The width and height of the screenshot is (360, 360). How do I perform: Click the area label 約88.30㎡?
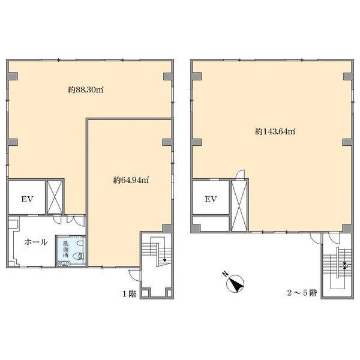(x=86, y=90)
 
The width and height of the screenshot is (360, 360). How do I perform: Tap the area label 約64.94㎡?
(x=131, y=180)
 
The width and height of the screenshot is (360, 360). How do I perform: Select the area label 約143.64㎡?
(x=275, y=131)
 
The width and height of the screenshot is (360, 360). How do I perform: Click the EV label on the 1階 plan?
(x=28, y=199)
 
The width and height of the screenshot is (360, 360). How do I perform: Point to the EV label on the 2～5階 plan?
(x=211, y=199)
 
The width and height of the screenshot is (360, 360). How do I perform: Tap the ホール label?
(x=36, y=242)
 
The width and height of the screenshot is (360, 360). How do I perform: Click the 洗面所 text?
(x=66, y=250)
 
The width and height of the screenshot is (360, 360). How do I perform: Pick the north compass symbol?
(x=235, y=284)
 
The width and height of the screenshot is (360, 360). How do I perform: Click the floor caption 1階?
(x=130, y=294)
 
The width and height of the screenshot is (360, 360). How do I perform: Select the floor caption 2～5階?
(x=302, y=293)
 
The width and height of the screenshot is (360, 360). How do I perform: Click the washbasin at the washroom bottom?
(x=64, y=263)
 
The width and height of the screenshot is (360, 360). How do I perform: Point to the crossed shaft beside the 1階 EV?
(x=55, y=197)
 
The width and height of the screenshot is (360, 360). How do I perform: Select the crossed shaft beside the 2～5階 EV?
(x=239, y=205)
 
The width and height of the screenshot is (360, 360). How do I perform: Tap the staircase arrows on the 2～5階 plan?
(x=345, y=266)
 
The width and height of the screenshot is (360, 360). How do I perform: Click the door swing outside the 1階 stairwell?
(x=134, y=275)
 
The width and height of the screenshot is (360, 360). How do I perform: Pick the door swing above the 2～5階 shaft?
(x=240, y=174)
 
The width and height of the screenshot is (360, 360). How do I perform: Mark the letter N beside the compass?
(x=225, y=274)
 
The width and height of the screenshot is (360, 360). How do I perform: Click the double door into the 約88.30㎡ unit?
(x=76, y=221)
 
